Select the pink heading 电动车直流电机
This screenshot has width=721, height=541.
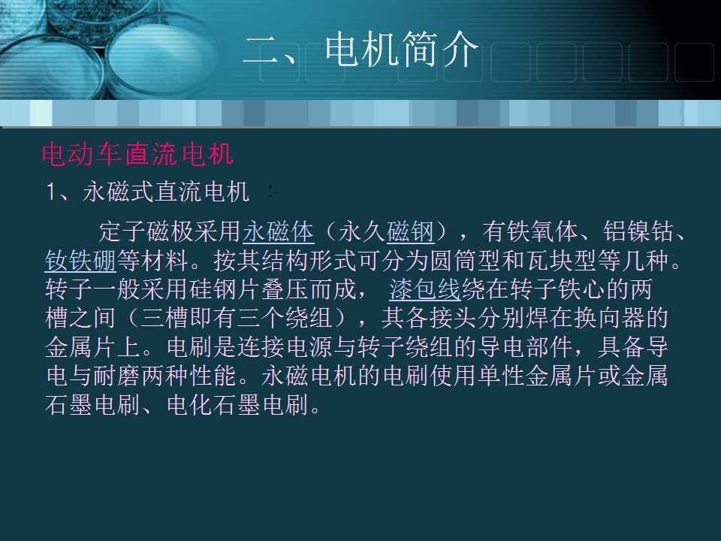pyautogui.click(x=138, y=155)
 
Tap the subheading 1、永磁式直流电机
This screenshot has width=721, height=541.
pyautogui.click(x=147, y=192)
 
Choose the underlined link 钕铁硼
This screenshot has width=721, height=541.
pyautogui.click(x=80, y=260)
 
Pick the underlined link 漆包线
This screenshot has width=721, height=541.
pyautogui.click(x=424, y=289)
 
